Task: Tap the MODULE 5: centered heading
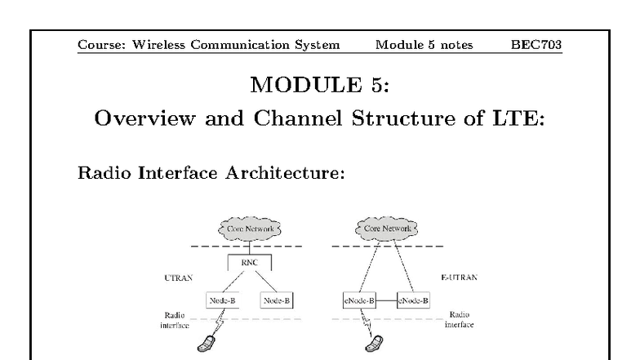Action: click(x=319, y=86)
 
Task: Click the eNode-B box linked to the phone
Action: click(x=358, y=300)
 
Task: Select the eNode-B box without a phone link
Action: click(x=413, y=300)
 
